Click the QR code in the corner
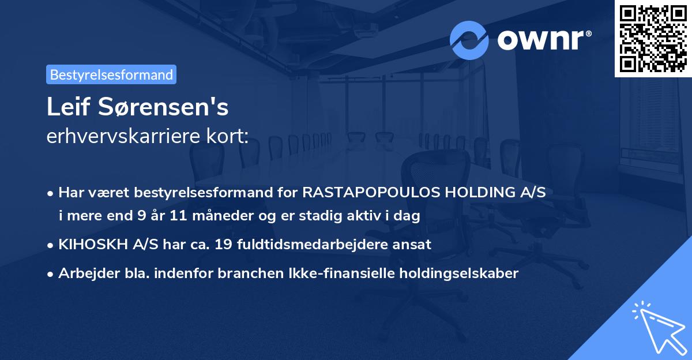[653, 38]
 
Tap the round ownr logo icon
[469, 40]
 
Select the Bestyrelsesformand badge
[111, 74]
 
